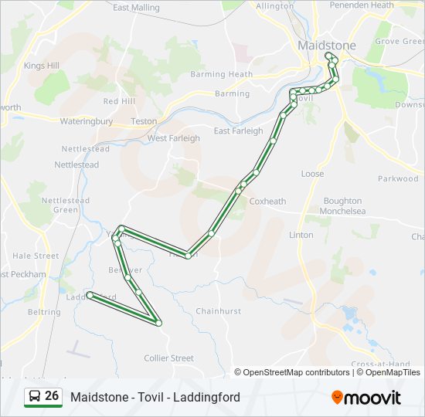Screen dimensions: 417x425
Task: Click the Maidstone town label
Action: (327, 46)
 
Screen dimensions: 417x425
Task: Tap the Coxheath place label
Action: (267, 202)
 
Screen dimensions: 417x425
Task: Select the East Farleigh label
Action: (238, 131)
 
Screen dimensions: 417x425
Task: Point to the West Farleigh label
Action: (174, 139)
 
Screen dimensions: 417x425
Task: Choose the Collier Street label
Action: (169, 358)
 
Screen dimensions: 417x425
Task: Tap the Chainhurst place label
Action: (218, 312)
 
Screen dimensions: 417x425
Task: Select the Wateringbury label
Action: (86, 121)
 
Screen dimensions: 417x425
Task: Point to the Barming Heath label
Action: (222, 75)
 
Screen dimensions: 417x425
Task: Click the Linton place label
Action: (301, 235)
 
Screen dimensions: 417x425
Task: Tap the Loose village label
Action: (312, 175)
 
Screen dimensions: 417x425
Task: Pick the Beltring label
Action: (44, 313)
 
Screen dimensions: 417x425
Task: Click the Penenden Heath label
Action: (362, 5)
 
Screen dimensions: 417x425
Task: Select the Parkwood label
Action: (398, 179)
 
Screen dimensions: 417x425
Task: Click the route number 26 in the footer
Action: (52, 396)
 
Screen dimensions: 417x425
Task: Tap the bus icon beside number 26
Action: (35, 397)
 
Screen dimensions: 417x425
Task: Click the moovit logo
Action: (366, 398)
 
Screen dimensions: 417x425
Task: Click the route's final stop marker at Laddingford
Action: (90, 295)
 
